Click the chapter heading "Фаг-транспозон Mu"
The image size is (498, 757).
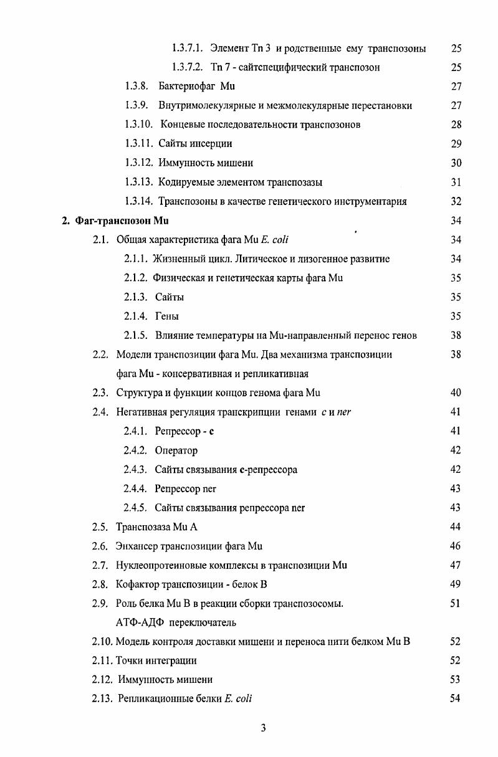coord(122,221)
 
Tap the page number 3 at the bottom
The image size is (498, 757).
coord(263,727)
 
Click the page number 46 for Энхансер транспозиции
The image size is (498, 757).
coord(455,546)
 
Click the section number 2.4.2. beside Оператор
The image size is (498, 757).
coord(136,450)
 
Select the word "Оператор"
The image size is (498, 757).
coord(176,450)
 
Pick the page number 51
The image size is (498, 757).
coord(455,603)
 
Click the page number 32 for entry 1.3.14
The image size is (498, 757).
coord(456,201)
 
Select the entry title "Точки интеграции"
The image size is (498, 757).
coord(156,660)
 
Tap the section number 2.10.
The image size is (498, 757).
coord(102,641)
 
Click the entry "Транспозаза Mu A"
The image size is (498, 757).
coord(156,527)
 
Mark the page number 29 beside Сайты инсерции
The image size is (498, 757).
coord(456,144)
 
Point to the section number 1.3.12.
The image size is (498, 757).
coord(139,163)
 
